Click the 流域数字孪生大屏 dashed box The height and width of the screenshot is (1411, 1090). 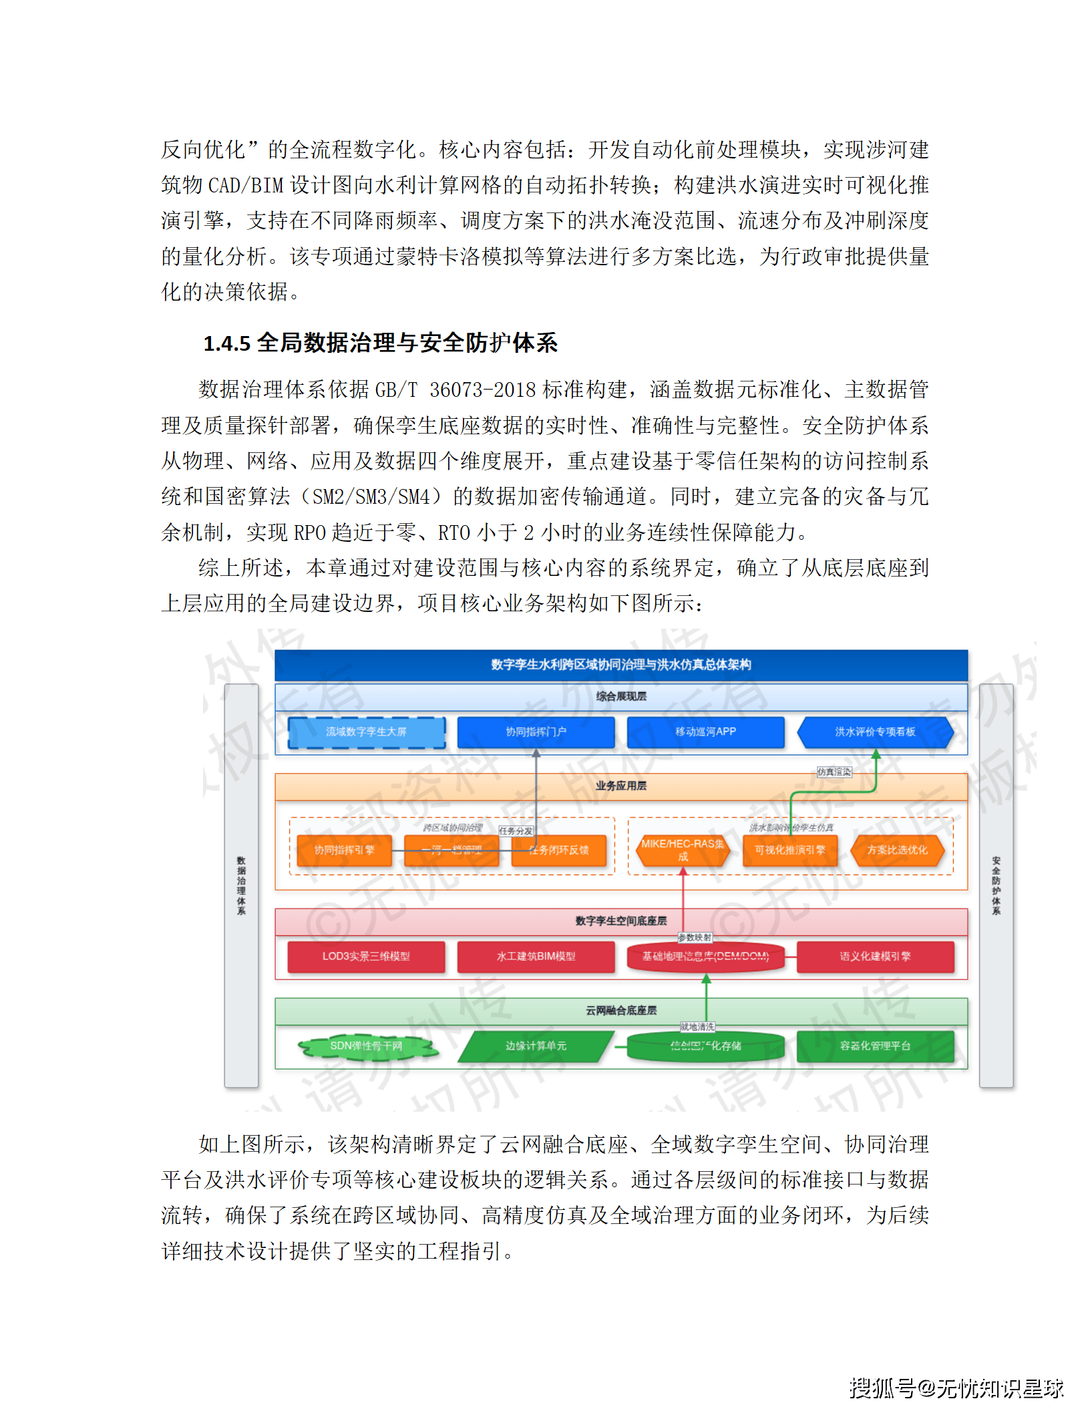(x=366, y=732)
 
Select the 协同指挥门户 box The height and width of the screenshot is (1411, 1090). (x=536, y=732)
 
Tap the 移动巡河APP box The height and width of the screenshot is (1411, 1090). (x=705, y=732)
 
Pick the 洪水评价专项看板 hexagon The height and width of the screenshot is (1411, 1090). (x=875, y=732)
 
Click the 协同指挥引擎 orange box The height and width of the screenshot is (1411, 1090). (x=344, y=850)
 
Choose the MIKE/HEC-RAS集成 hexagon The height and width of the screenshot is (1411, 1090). (x=683, y=850)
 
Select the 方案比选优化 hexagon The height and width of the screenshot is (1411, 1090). (x=897, y=850)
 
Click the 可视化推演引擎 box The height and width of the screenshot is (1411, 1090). (x=790, y=850)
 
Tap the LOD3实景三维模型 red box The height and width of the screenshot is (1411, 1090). (x=366, y=956)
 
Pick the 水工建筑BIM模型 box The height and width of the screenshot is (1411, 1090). (x=536, y=956)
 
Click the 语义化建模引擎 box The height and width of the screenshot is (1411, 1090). (x=875, y=956)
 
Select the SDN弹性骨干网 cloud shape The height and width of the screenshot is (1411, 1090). (x=366, y=1046)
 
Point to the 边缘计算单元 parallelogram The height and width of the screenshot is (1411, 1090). (x=536, y=1046)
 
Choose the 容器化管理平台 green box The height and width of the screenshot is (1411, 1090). (x=875, y=1046)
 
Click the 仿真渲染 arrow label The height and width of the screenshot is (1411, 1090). (x=834, y=772)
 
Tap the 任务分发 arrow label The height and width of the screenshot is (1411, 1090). (x=516, y=830)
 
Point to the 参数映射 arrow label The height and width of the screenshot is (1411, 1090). (x=695, y=937)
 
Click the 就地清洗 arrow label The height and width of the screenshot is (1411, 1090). (x=697, y=1026)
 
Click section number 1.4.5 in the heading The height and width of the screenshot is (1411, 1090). (x=226, y=343)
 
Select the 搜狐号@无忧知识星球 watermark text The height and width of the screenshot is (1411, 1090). (x=956, y=1388)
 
